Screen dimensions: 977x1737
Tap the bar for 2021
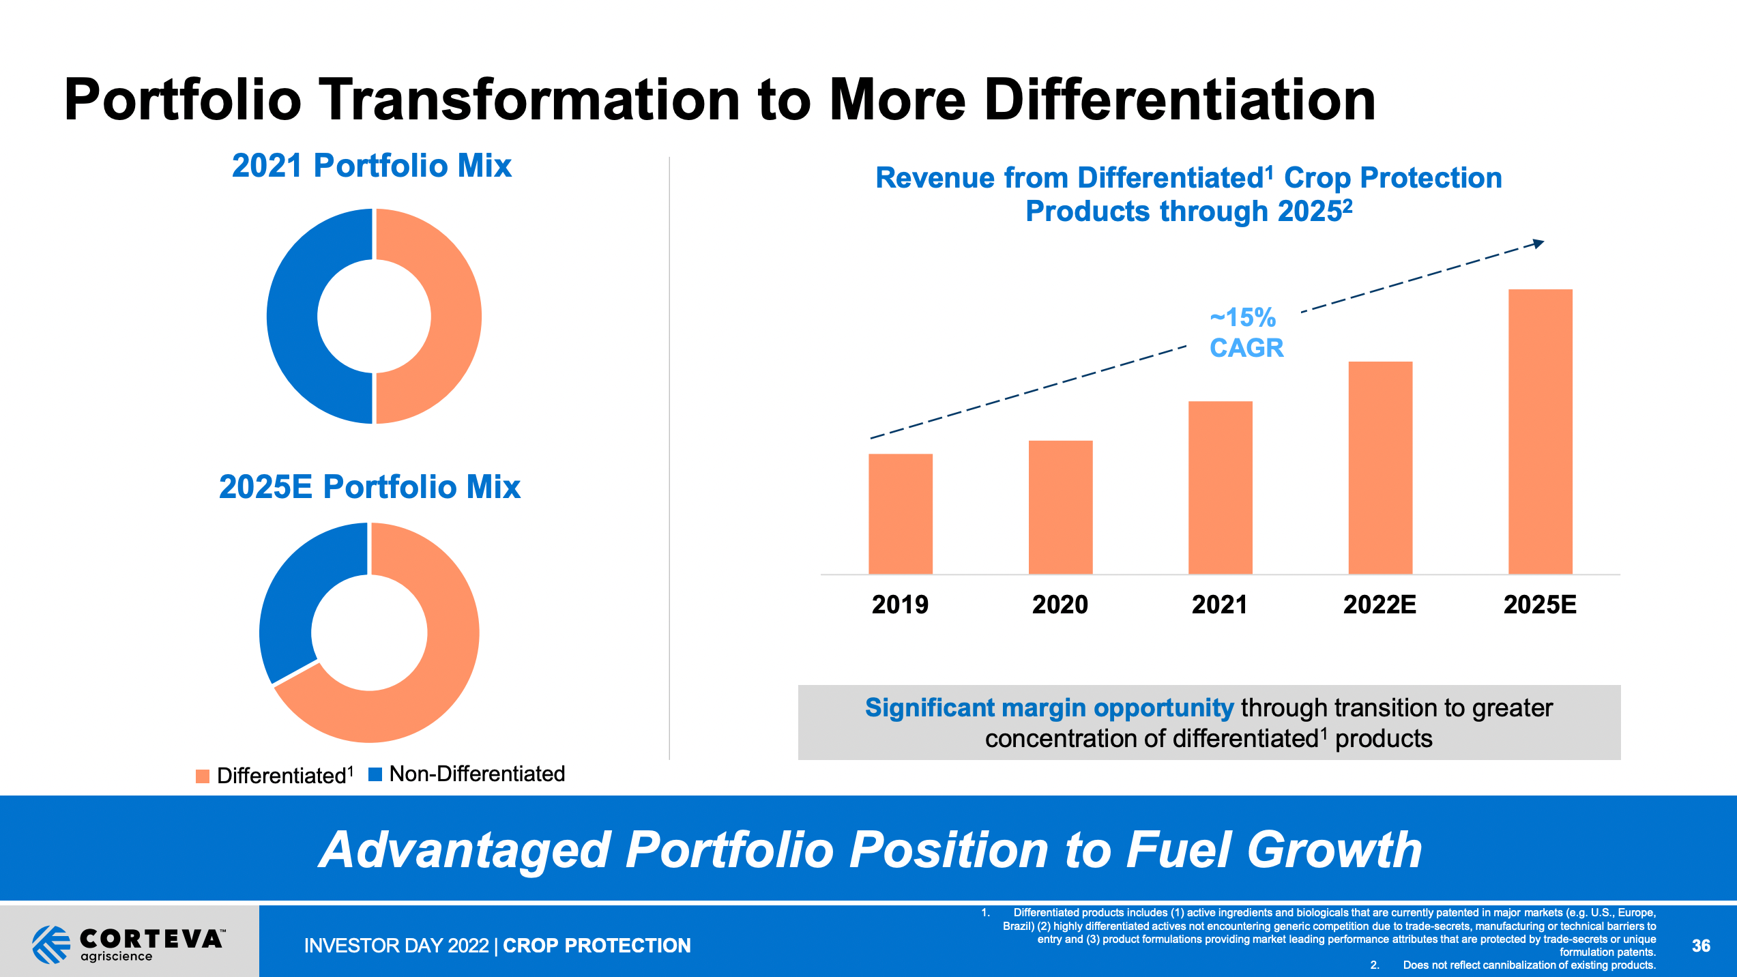pyautogui.click(x=1220, y=487)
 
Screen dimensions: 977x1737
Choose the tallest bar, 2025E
pyautogui.click(x=1540, y=431)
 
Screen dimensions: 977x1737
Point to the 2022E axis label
pyautogui.click(x=1380, y=604)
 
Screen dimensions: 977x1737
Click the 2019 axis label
pyautogui.click(x=900, y=604)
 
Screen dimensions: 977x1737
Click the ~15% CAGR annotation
pyautogui.click(x=1246, y=333)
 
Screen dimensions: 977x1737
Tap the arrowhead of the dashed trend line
pyautogui.click(x=1538, y=244)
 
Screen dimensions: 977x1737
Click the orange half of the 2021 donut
pyautogui.click(x=456, y=317)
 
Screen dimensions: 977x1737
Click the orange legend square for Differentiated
pyautogui.click(x=203, y=776)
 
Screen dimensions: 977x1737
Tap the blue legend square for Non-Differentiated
pyautogui.click(x=375, y=774)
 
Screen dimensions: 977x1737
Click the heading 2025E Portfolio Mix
pyautogui.click(x=369, y=487)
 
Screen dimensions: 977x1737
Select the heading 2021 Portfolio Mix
pyautogui.click(x=371, y=166)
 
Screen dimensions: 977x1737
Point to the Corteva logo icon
pyautogui.click(x=51, y=944)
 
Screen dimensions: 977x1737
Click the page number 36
pyautogui.click(x=1701, y=946)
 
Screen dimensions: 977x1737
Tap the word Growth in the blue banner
pyautogui.click(x=1334, y=850)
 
